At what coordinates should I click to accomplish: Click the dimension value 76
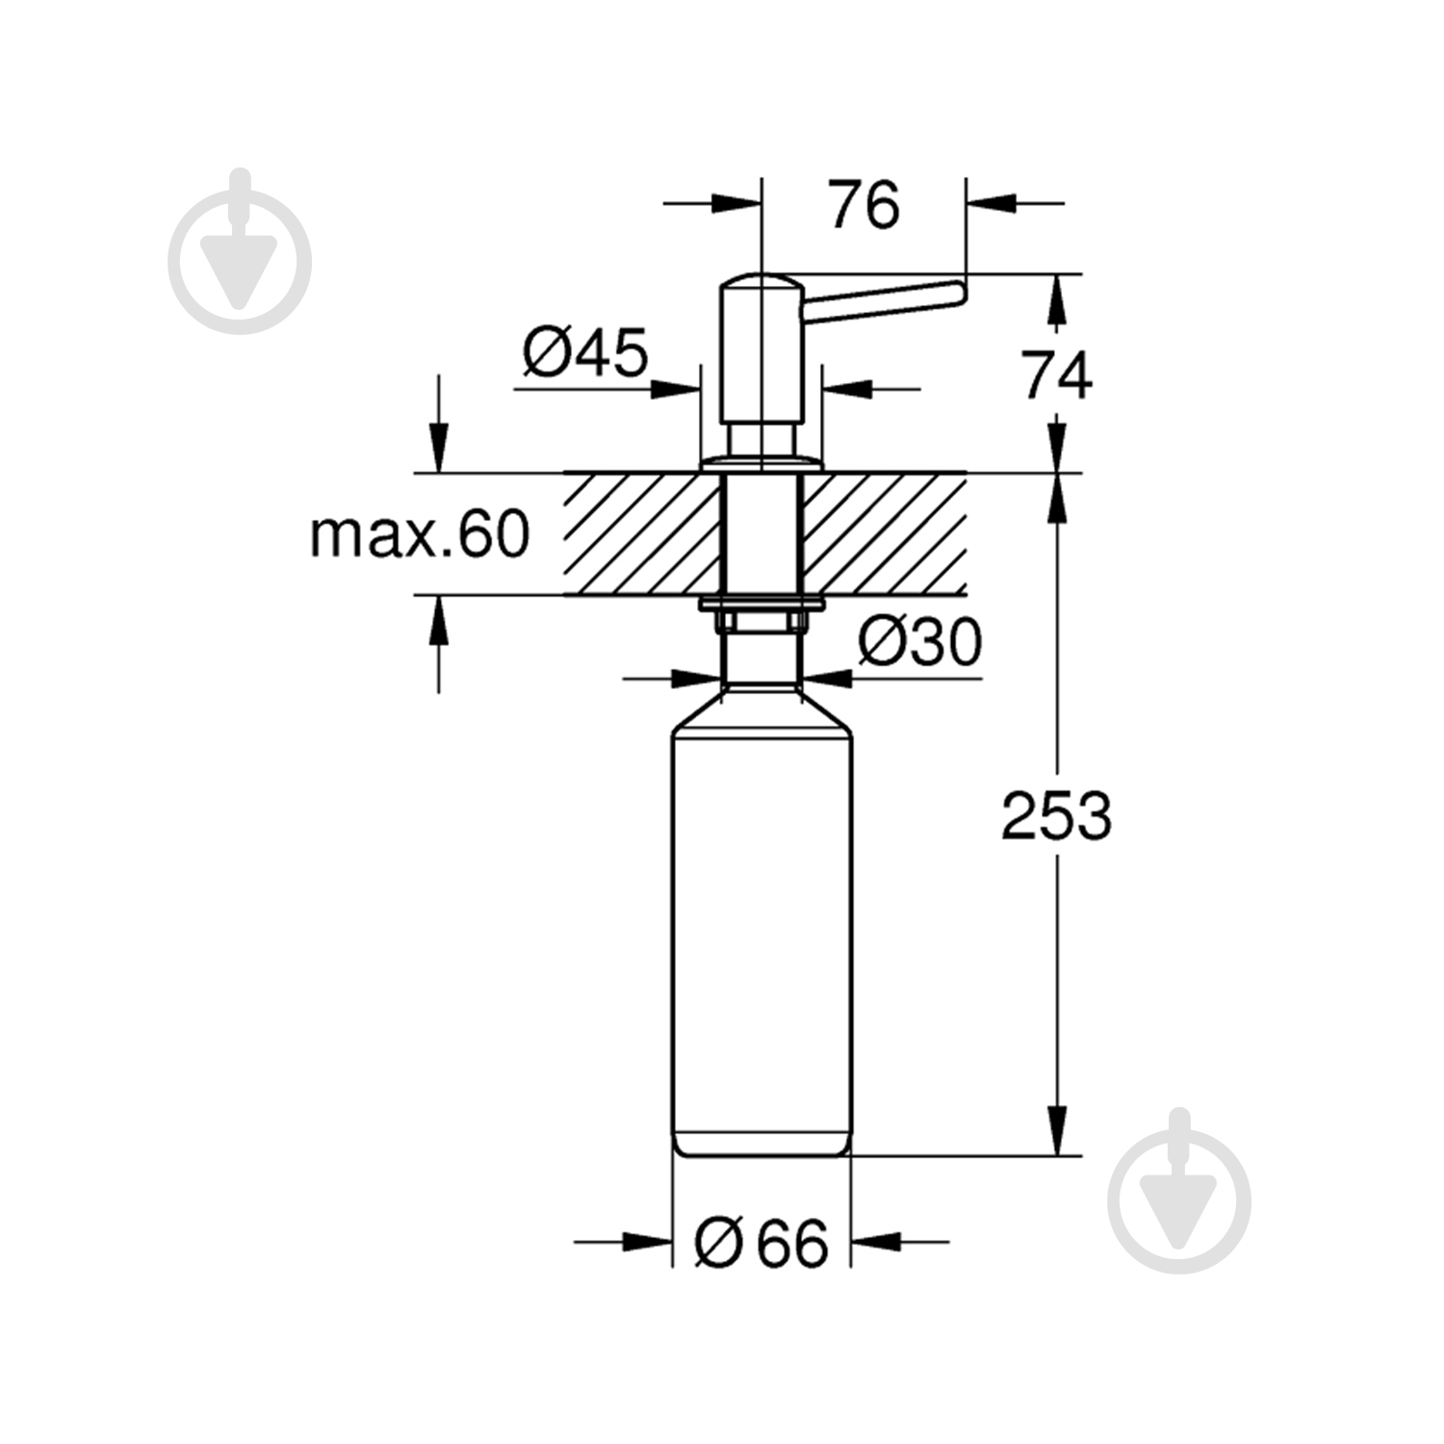864,205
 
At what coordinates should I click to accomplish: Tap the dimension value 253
1056,816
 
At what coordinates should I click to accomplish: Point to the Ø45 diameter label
585,352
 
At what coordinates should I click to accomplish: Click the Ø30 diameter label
919,642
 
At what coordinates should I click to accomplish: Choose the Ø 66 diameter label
761,1243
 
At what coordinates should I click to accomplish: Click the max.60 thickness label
420,534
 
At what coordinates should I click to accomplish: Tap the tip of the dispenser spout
956,294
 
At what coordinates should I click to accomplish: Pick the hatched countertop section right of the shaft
884,534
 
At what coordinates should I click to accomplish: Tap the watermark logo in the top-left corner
240,253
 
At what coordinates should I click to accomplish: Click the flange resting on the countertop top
761,464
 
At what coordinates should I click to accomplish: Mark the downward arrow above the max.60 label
440,448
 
